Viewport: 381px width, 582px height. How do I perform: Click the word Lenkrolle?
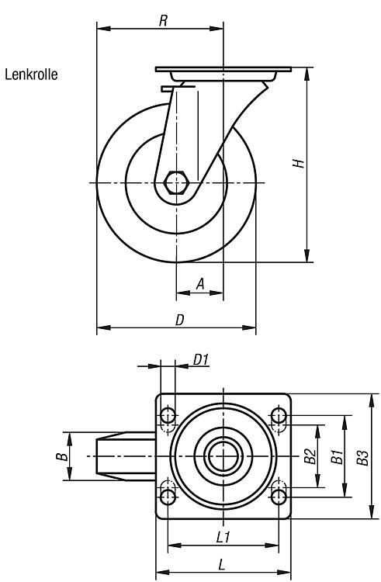31,74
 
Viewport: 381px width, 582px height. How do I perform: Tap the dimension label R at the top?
163,21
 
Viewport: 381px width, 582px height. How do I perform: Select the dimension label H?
298,163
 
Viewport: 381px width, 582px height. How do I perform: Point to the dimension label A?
200,284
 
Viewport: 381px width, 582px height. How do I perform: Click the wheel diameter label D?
179,320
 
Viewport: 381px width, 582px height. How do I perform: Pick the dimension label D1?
201,359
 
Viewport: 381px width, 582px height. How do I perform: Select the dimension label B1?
337,456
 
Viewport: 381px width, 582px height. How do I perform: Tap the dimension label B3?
362,457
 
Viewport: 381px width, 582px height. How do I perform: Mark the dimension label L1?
223,537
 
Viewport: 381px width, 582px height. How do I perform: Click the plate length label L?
221,565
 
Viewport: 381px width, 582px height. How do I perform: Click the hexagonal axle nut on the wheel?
177,182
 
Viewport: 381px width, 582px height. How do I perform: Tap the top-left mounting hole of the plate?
168,415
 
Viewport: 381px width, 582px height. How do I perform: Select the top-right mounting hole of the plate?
279,415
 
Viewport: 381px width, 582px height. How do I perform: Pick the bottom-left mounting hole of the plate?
168,497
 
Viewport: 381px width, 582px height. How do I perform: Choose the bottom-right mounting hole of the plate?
279,497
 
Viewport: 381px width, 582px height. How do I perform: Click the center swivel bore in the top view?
223,456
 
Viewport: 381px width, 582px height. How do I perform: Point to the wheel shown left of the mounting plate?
126,456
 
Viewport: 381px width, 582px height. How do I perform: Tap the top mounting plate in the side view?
223,69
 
